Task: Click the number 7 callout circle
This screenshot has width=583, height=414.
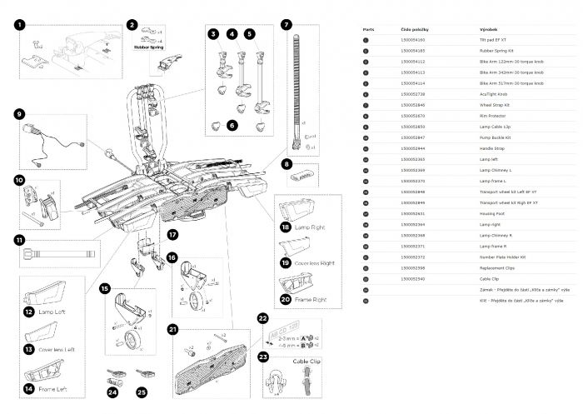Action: click(x=286, y=26)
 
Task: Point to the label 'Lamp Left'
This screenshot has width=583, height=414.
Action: click(x=49, y=312)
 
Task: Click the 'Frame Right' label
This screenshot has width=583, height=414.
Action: click(x=307, y=297)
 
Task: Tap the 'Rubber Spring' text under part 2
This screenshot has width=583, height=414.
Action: click(x=147, y=47)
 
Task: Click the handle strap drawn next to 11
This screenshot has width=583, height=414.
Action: click(x=62, y=247)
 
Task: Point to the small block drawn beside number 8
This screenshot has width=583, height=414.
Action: click(x=304, y=177)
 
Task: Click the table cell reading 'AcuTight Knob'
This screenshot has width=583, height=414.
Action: click(x=493, y=95)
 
